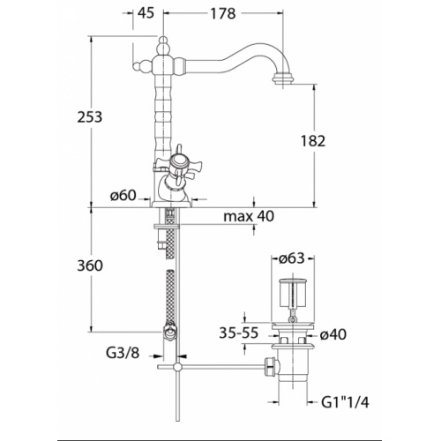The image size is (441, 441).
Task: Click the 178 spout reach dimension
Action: coord(223,13)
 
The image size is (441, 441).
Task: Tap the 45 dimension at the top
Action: coord(146,12)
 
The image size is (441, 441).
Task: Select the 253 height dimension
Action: coord(90,117)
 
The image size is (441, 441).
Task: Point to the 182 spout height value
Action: coord(313,141)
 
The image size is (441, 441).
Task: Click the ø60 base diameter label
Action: coord(123,195)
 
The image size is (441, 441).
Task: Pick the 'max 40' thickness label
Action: coord(249,216)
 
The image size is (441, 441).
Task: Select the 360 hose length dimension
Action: coord(90,265)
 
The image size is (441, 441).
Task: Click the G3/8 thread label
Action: coord(123,353)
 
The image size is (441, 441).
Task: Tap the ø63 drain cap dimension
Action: coord(291,258)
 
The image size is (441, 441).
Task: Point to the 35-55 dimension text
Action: coord(239,333)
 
